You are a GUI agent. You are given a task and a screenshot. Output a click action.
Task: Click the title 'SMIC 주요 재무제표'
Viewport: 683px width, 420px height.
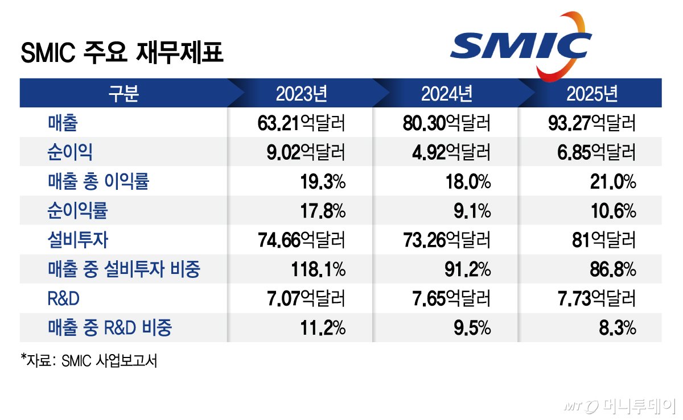(x=122, y=54)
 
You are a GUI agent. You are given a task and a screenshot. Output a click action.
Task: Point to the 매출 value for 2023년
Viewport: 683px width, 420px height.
(x=302, y=123)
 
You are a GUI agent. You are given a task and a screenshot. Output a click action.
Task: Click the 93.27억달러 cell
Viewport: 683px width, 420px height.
(x=592, y=123)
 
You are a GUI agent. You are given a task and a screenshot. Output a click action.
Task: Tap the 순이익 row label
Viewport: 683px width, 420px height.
(x=70, y=152)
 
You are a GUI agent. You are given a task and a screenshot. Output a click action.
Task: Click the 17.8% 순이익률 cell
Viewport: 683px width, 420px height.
(x=323, y=211)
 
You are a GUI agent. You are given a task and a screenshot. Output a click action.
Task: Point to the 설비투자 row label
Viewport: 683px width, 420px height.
(x=77, y=240)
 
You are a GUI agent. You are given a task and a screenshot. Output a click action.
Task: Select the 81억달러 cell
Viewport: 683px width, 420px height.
(x=604, y=240)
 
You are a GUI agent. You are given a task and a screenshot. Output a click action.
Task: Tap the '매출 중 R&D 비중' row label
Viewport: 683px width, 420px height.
(x=110, y=328)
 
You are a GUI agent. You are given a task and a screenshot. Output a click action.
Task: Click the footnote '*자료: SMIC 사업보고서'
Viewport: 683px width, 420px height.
(x=89, y=360)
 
